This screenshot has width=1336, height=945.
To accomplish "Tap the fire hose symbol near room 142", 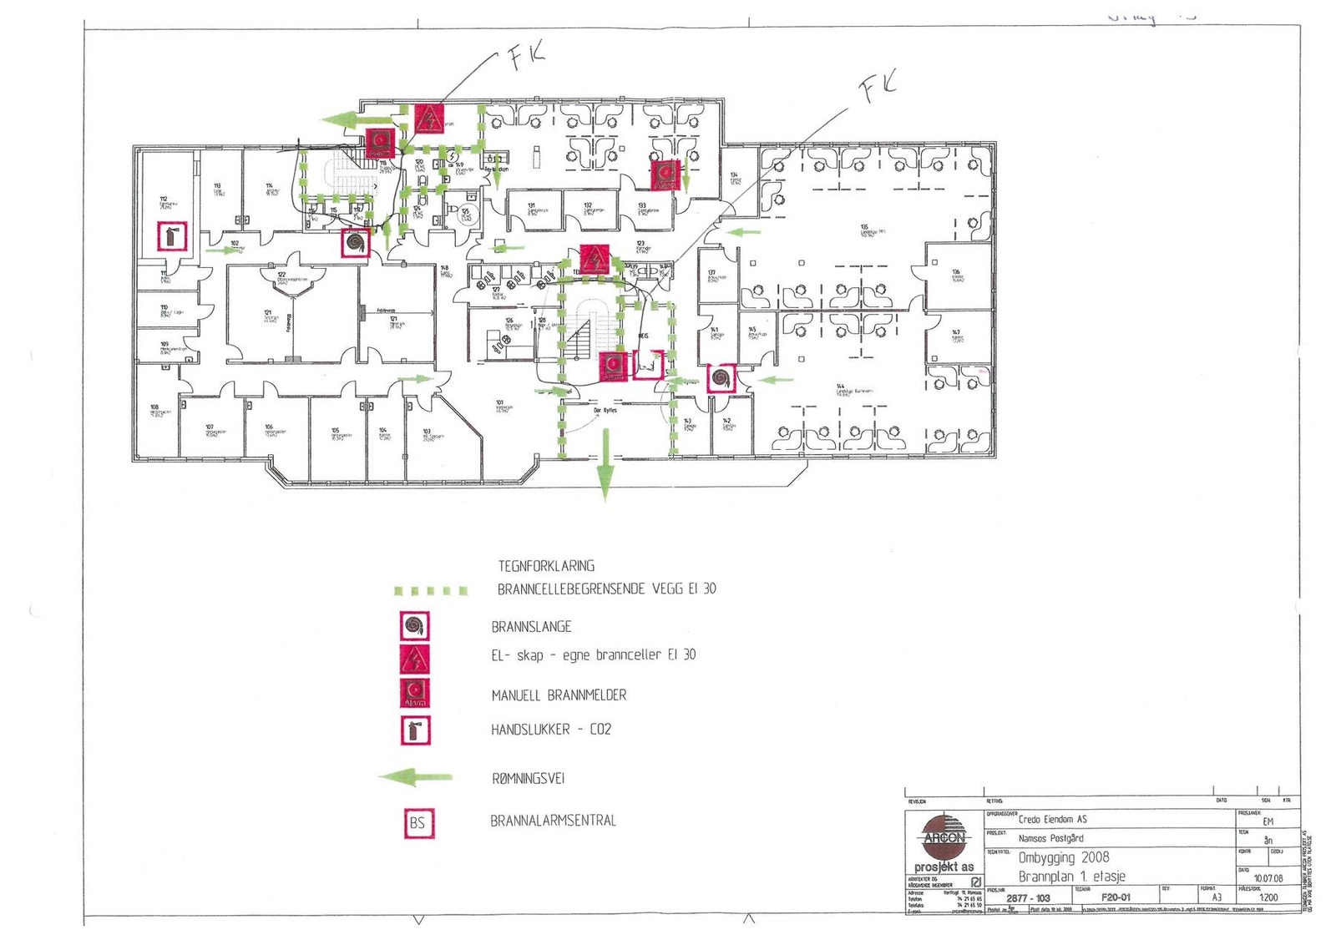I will [x=721, y=378].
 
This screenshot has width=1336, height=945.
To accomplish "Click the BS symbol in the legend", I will [x=417, y=823].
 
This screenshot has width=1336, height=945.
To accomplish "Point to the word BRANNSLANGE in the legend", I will [x=531, y=626].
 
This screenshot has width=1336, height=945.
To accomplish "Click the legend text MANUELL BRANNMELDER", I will [x=559, y=695].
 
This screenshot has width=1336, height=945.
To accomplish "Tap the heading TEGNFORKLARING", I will [x=546, y=565].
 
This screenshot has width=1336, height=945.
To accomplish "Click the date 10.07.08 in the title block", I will [x=1268, y=878].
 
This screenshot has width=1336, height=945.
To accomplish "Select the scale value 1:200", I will [x=1268, y=897].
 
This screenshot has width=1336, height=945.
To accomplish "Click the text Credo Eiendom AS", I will [x=1052, y=819].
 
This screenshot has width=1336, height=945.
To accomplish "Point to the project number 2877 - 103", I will [x=1028, y=898].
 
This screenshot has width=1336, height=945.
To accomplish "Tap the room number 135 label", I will [x=864, y=227].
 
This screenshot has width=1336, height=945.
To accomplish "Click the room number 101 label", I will [x=500, y=403].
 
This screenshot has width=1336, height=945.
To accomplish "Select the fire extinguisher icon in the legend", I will [x=417, y=730].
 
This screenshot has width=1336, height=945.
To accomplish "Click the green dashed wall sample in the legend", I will [x=431, y=591].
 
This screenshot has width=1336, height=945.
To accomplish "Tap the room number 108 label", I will [x=154, y=408].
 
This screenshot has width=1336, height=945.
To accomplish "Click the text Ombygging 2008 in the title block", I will [x=1064, y=857].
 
